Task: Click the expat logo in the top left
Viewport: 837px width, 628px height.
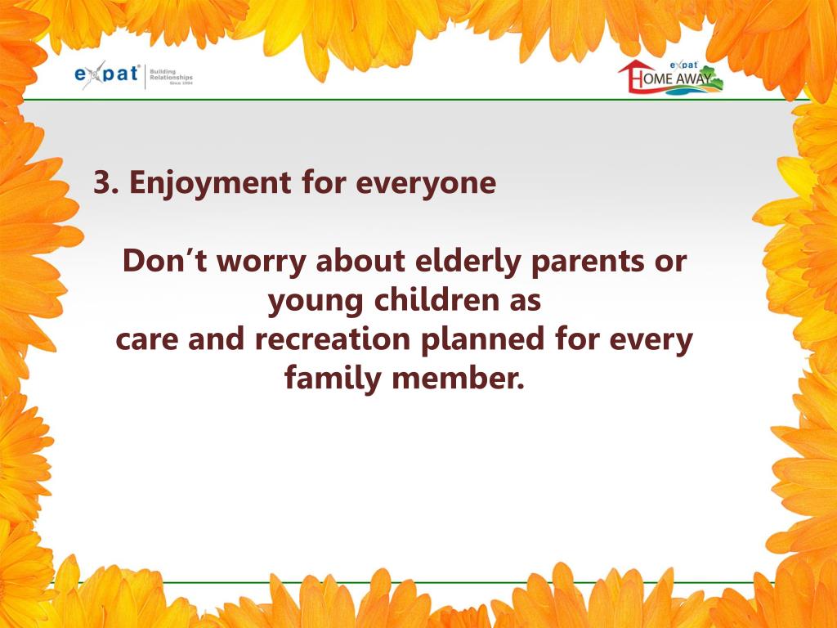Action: pyautogui.click(x=134, y=74)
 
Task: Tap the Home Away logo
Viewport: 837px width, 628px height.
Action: pyautogui.click(x=670, y=77)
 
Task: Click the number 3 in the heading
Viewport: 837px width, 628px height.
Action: pyautogui.click(x=102, y=182)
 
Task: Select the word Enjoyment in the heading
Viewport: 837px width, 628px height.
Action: pyautogui.click(x=210, y=183)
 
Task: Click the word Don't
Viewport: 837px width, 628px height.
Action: pyautogui.click(x=165, y=261)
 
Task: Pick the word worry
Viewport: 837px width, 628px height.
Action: pyautogui.click(x=262, y=263)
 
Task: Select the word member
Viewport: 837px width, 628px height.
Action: pyautogui.click(x=458, y=378)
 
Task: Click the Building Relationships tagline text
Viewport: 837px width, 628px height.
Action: pyautogui.click(x=171, y=76)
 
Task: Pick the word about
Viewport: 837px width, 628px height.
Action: pyautogui.click(x=360, y=261)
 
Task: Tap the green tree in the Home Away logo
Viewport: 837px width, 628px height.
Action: pyautogui.click(x=710, y=76)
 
